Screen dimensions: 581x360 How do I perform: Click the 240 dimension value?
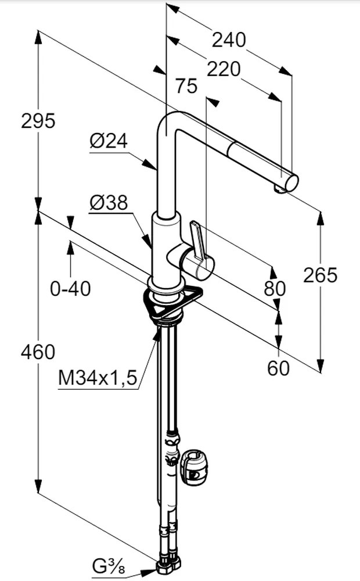coord(229,40)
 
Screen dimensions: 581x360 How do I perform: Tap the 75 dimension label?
coord(186,87)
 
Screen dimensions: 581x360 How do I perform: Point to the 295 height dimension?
coord(38,121)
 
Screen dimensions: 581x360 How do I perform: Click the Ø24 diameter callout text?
coord(108,141)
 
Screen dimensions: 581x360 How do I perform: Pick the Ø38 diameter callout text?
coord(108,203)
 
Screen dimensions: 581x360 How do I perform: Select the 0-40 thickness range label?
coord(70,288)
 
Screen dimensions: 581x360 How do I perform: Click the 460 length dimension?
coord(38,352)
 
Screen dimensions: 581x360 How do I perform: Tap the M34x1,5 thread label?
coord(98,378)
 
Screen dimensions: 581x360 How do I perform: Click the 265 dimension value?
coord(320,275)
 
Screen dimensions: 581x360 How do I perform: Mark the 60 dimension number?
coord(279,368)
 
